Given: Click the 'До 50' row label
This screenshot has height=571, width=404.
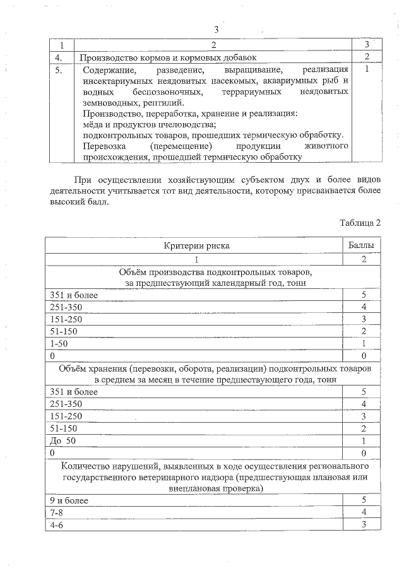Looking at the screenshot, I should tap(62, 440).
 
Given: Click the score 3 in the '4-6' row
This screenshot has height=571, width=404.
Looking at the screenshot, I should tap(364, 524).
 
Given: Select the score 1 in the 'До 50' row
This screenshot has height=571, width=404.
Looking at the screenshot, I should tap(364, 440).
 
